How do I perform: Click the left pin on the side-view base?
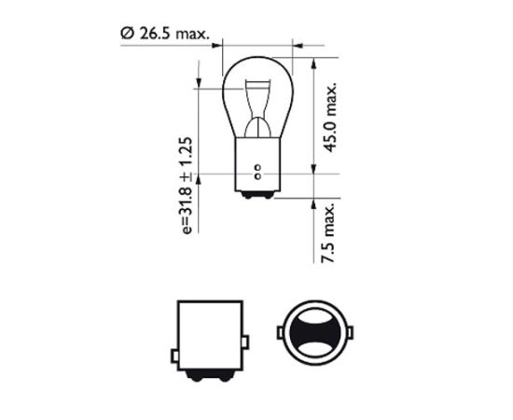click(173, 332)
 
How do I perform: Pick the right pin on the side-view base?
click(246, 332)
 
